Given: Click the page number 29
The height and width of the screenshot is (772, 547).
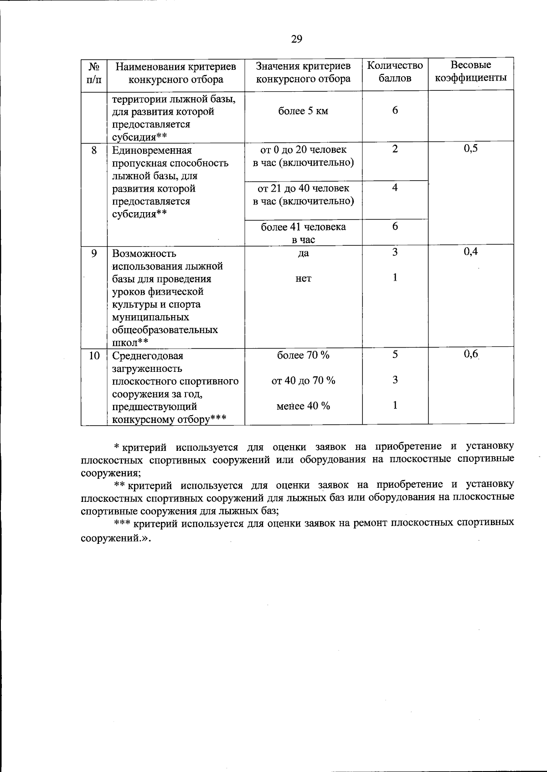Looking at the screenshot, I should tap(296, 39).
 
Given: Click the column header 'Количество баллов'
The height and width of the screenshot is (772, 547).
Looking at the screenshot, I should tap(395, 72).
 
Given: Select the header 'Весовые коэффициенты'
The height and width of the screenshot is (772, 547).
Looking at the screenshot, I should tap(470, 72).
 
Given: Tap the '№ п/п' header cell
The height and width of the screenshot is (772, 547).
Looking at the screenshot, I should tap(94, 73).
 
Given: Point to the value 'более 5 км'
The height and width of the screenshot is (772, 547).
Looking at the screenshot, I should tap(303, 111).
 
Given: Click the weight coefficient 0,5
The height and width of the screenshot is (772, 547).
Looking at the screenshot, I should tap(470, 149).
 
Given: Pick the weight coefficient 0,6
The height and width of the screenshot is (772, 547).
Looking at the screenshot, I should tap(470, 354).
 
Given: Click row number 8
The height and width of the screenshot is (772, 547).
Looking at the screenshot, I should tap(94, 150).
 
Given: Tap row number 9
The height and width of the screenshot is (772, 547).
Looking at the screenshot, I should tap(94, 253).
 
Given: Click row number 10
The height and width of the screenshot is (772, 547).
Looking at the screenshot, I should tap(94, 355).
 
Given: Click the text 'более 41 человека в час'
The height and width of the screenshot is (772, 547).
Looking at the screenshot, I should tap(303, 233).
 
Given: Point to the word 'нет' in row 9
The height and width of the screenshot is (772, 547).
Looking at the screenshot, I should tap(303, 278).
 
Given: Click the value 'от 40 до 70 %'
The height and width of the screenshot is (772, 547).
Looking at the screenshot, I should tap(303, 381).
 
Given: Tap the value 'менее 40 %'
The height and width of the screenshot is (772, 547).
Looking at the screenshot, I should tap(303, 406).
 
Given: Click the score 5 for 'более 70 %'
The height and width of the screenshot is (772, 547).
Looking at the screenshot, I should tap(395, 355).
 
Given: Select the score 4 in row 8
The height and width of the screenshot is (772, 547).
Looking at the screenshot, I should tap(395, 188).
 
